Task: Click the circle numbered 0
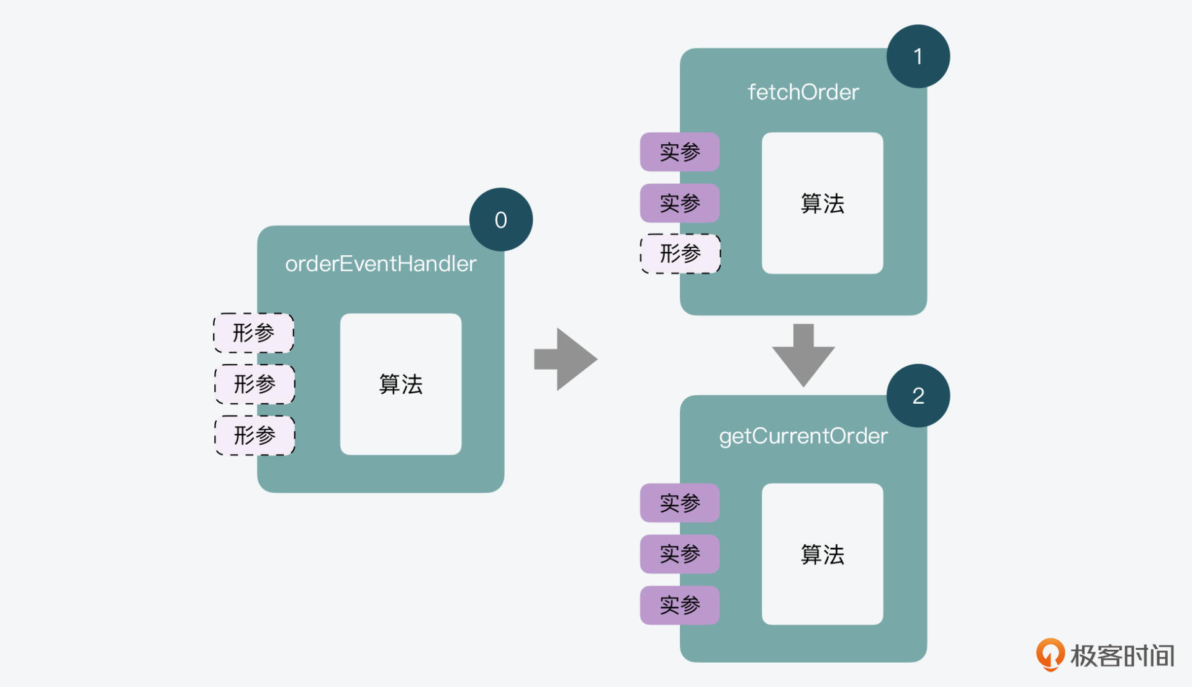tap(501, 220)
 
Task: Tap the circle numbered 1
tap(918, 57)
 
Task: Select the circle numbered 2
tap(918, 396)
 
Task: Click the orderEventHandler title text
tap(381, 264)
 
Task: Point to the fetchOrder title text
tap(803, 93)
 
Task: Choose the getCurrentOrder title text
tap(803, 436)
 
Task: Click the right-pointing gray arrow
tap(566, 359)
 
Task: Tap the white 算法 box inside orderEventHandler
tap(400, 384)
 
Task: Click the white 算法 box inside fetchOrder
tap(822, 203)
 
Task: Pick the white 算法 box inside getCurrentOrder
tap(822, 554)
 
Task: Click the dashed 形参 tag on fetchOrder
tap(680, 253)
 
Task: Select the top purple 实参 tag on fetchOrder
tap(680, 152)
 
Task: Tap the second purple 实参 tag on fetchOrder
tap(680, 203)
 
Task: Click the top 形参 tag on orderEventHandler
tap(253, 333)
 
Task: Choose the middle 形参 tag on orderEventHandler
tap(255, 384)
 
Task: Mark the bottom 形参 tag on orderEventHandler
tap(255, 435)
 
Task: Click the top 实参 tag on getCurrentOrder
tap(680, 503)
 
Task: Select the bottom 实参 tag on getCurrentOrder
tap(680, 605)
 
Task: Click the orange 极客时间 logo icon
tap(1050, 655)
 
